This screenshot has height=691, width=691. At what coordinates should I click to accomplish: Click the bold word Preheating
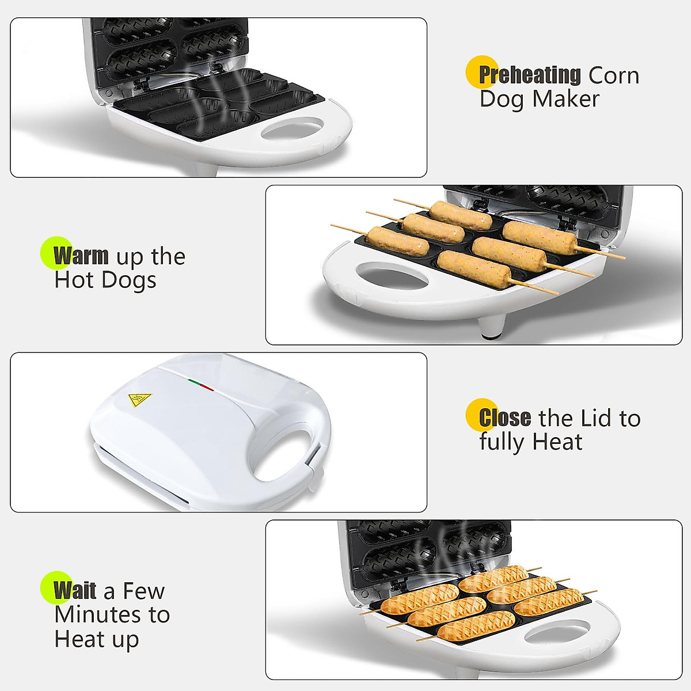coord(530,75)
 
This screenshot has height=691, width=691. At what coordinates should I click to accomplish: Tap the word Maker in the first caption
coord(567,99)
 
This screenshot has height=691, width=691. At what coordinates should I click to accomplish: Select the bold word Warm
coord(81,256)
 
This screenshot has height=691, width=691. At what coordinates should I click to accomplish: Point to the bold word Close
coord(505,418)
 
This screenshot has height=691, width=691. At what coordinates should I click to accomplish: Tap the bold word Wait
coord(75,591)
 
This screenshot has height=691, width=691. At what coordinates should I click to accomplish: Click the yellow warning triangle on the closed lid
coord(139,400)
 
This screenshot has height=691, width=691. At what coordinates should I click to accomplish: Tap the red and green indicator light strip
coord(200,385)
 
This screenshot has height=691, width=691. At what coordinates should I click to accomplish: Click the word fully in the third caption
coord(502,442)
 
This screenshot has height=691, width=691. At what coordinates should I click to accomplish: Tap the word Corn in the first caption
coord(613,75)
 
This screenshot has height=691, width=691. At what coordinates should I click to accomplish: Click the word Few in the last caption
coord(144,591)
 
